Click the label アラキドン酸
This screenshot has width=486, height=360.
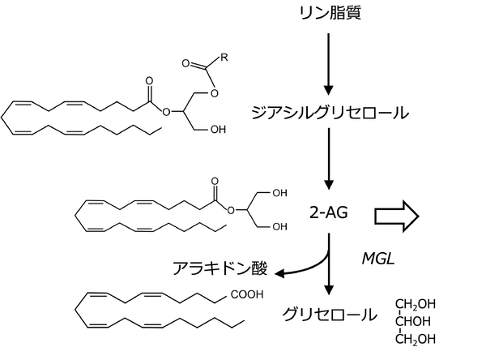[220, 268]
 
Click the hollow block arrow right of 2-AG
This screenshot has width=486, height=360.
[396, 216]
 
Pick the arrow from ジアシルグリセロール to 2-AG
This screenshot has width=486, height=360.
[327, 163]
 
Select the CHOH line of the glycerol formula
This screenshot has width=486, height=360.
[416, 321]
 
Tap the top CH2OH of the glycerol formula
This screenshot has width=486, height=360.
[416, 305]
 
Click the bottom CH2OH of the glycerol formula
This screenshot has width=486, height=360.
[416, 337]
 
